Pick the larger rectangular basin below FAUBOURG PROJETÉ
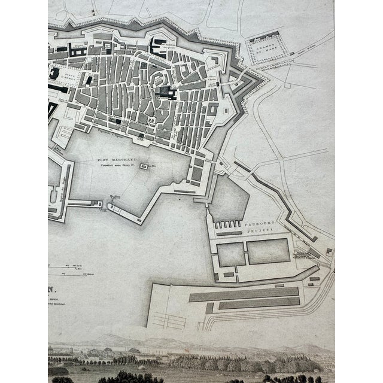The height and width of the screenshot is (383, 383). pos(268,252)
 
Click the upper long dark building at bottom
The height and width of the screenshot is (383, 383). pos(244,293)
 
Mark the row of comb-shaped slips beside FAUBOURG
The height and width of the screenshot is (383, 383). pos(227,225)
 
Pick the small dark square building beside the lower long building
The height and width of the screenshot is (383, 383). pos(209,308)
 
